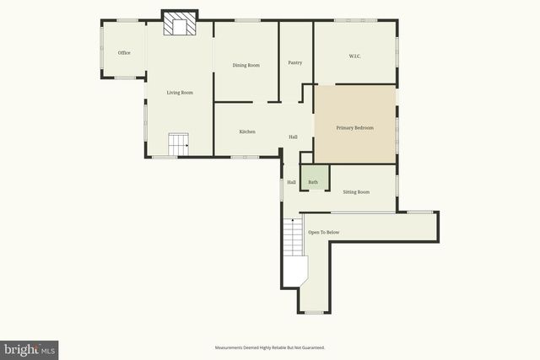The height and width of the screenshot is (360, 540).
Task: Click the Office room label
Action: pos(124,53)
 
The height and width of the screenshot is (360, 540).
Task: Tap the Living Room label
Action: pos(180,93)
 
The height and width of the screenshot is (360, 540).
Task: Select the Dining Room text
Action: pos(246,65)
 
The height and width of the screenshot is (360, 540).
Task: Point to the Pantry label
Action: pos(294,62)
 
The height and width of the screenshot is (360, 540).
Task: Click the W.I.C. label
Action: pos(355,56)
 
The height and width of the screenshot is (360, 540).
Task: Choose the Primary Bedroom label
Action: pos(354,127)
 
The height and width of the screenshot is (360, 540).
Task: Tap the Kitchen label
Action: pos(247,132)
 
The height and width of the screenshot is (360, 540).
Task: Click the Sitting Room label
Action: pos(356,192)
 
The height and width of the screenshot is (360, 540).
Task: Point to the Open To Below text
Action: pos(323,232)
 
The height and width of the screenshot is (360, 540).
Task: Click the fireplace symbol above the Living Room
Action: pos(180,25)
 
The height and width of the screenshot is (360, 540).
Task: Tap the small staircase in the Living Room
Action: pos(177,144)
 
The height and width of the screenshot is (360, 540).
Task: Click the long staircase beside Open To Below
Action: pos(293,237)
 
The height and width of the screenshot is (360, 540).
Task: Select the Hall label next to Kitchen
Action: pos(293,137)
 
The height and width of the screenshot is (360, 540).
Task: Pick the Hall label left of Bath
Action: pos(291,182)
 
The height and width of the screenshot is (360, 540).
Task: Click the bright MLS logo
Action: pos(30,349)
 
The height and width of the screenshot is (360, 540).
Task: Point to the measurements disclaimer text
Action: pos(270,347)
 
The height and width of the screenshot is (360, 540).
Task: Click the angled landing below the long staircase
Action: pos(296,272)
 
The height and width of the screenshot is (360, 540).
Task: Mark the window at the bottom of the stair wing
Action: pos(314,312)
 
